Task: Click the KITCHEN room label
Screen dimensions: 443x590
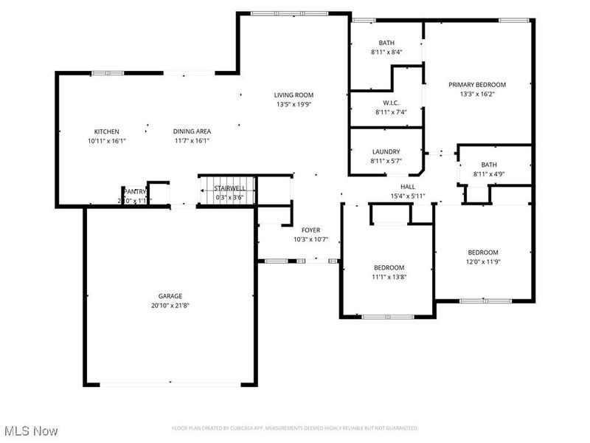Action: click(x=105, y=131)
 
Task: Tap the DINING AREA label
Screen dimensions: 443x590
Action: click(x=192, y=131)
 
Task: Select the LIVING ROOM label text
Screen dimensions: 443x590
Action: click(x=294, y=95)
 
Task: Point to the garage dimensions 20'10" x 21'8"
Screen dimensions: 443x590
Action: click(x=170, y=305)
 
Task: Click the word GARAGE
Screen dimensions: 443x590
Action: click(x=170, y=295)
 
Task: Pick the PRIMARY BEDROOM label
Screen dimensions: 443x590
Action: click(x=477, y=85)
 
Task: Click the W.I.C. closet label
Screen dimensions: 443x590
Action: click(x=390, y=103)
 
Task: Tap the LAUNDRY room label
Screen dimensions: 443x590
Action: click(x=385, y=152)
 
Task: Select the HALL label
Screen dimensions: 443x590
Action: click(x=408, y=187)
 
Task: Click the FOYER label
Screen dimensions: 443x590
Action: click(x=310, y=230)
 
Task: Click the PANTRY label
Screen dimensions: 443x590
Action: click(x=135, y=191)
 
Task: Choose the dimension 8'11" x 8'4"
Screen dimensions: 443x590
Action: click(x=386, y=52)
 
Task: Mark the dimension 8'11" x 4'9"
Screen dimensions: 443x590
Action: click(x=488, y=174)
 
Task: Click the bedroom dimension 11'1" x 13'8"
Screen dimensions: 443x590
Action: click(x=388, y=277)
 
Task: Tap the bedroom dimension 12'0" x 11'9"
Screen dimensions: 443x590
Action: click(x=482, y=261)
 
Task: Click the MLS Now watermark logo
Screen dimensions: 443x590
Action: click(x=31, y=430)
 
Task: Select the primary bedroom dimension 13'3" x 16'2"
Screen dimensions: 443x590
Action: click(x=477, y=95)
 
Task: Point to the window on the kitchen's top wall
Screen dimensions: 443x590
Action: click(x=103, y=72)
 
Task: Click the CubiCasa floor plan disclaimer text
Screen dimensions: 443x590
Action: click(x=295, y=428)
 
